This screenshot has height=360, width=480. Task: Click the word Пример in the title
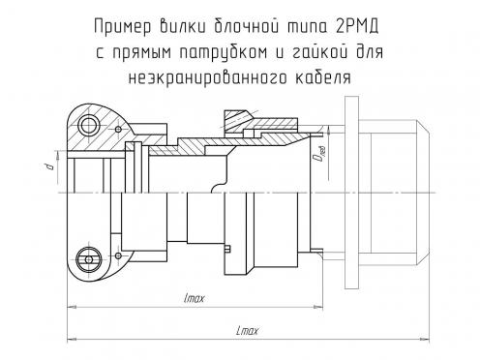click(x=123, y=27)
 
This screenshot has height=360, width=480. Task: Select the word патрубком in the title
click(x=224, y=52)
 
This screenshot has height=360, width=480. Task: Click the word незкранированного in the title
click(x=207, y=77)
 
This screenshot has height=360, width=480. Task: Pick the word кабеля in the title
click(x=323, y=77)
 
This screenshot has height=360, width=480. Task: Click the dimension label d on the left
click(x=49, y=166)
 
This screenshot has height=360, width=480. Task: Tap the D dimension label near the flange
click(x=319, y=155)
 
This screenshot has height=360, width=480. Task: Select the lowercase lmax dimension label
click(x=195, y=298)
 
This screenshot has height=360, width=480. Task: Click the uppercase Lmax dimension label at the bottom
click(x=248, y=331)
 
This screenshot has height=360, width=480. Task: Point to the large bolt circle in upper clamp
click(x=89, y=125)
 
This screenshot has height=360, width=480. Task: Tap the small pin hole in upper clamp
click(x=118, y=130)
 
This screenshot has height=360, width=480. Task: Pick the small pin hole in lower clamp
click(x=118, y=255)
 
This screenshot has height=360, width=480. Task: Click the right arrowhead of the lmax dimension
click(x=319, y=308)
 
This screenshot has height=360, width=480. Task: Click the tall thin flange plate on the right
click(x=352, y=193)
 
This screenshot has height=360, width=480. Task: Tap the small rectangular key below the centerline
click(x=227, y=249)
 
